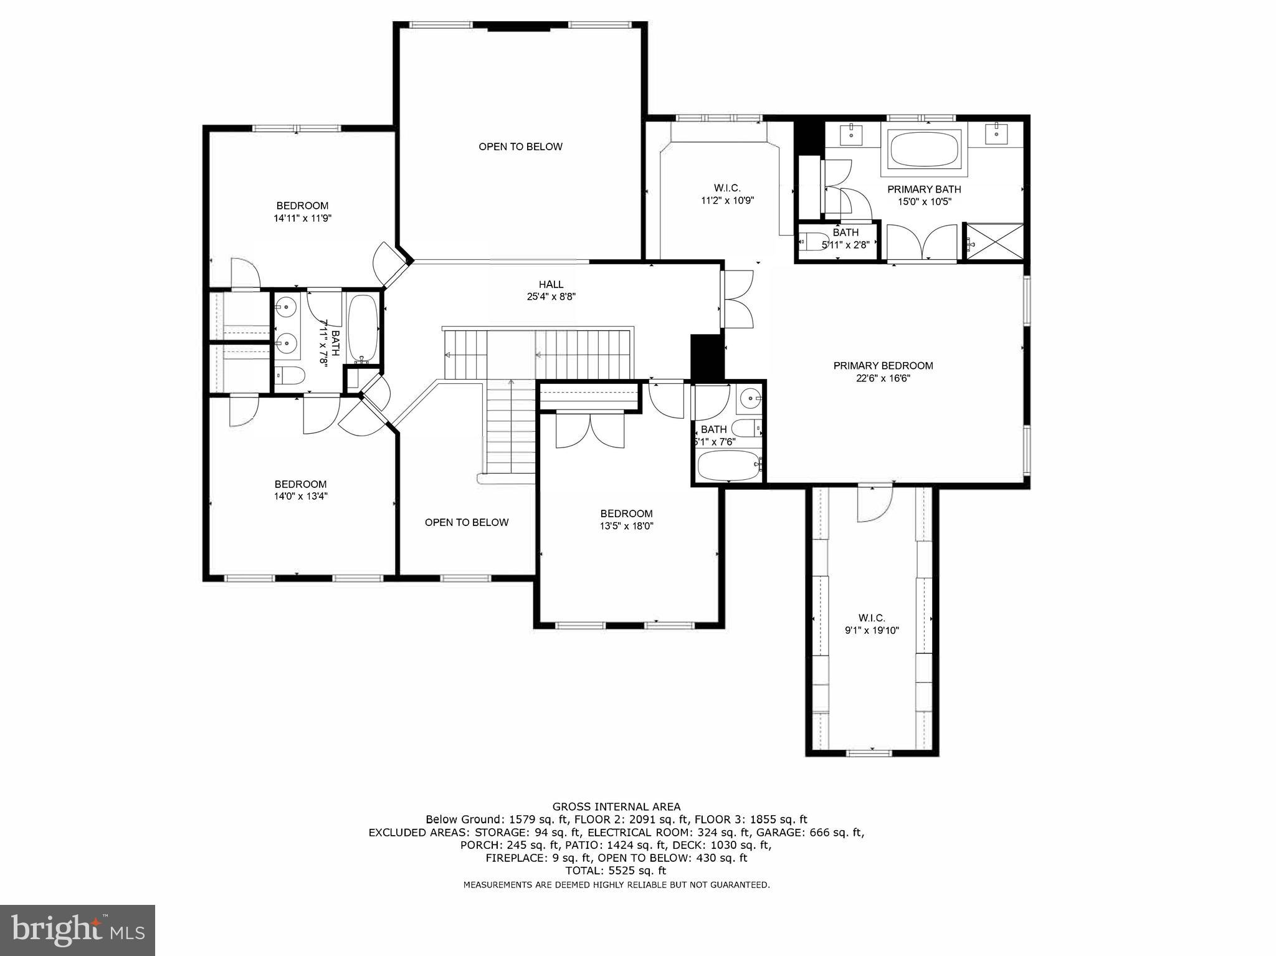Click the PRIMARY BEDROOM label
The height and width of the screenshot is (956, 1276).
[x=883, y=366]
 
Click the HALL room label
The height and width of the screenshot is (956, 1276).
[x=551, y=285]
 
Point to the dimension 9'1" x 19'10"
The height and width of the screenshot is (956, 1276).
[x=872, y=630]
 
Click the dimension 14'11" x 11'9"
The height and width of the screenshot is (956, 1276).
[x=302, y=218]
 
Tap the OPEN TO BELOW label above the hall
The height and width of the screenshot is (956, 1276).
[x=520, y=146]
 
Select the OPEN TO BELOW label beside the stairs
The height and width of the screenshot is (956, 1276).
[x=467, y=522]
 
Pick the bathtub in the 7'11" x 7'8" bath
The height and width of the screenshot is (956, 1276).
[x=362, y=328]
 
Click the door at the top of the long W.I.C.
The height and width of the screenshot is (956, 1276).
[x=874, y=504]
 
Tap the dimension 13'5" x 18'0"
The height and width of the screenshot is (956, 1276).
[x=626, y=526]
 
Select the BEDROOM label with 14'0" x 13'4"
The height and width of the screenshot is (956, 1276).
[x=300, y=484]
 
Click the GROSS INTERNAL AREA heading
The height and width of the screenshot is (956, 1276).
[x=616, y=806]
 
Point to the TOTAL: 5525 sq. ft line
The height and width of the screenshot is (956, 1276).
[x=616, y=871]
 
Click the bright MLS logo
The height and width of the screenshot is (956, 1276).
[x=77, y=930]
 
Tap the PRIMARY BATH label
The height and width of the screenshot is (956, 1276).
[x=924, y=189]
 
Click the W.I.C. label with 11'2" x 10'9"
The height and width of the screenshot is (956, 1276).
[x=726, y=188]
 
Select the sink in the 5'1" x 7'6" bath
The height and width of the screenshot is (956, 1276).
[x=751, y=398]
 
